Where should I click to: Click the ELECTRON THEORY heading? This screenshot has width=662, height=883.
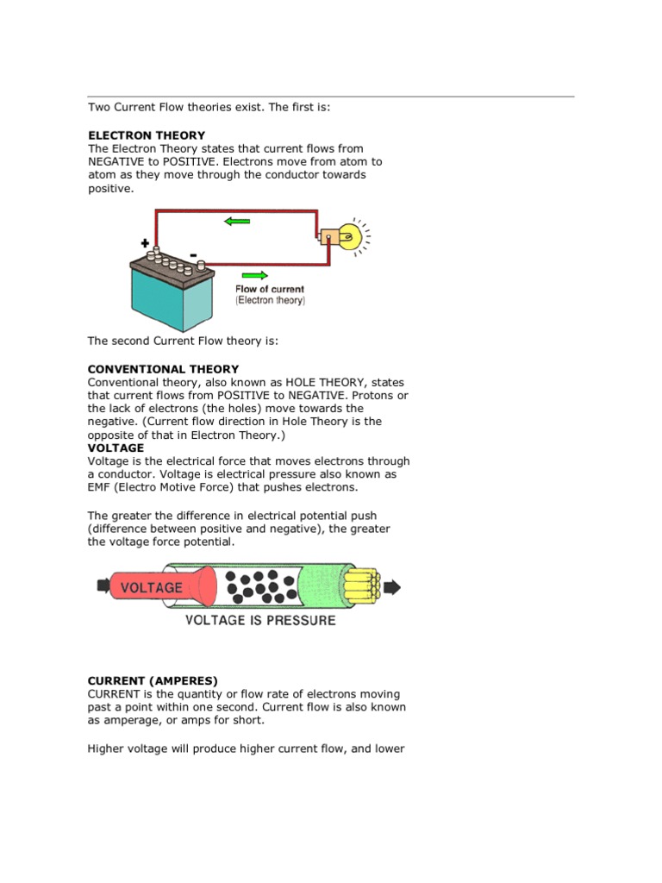pos(147,135)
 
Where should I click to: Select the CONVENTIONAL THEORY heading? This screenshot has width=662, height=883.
pos(163,369)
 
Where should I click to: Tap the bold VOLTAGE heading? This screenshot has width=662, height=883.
pos(116,448)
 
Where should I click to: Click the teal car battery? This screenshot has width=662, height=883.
pos(171,293)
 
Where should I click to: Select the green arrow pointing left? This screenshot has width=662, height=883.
pos(236,222)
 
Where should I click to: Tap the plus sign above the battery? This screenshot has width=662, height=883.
pos(144,244)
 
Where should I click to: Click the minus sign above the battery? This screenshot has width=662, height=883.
pos(192,254)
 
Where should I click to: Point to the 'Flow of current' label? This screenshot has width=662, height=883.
pos(270,290)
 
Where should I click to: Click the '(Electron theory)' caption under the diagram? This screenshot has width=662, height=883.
pos(270,301)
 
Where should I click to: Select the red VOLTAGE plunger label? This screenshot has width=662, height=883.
pos(152,587)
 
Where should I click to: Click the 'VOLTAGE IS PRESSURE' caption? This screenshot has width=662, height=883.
pos(260,620)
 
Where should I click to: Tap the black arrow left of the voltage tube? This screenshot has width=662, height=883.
pos(103,586)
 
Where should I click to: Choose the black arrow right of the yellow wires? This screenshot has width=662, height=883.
pos(391,587)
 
